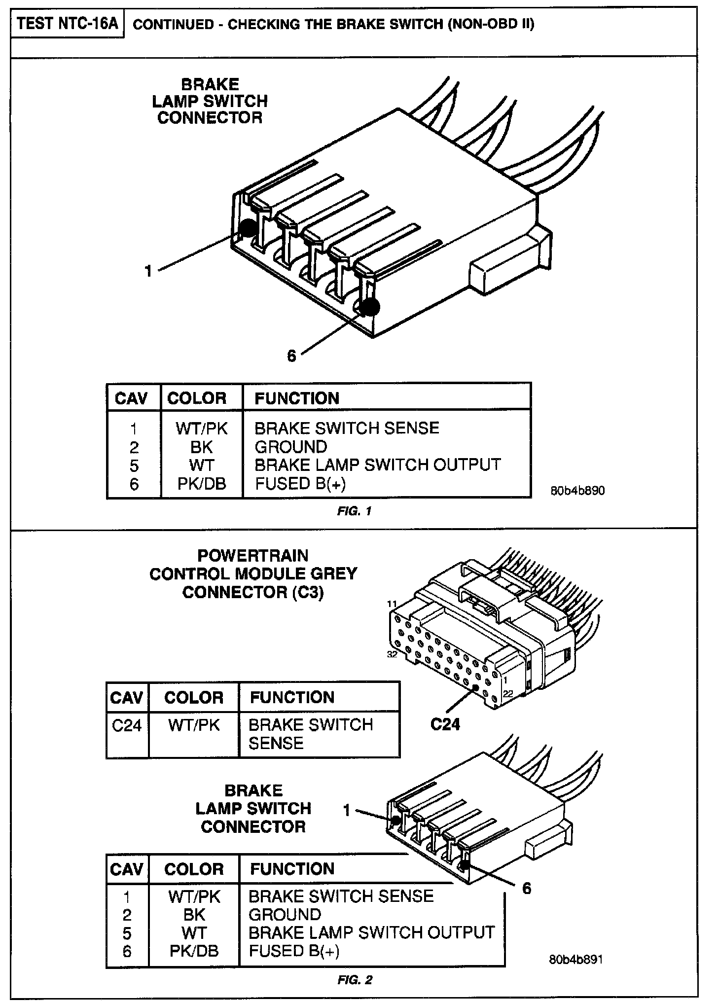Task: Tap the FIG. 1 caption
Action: point(354,511)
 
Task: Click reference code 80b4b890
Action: point(577,491)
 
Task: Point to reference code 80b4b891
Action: point(575,960)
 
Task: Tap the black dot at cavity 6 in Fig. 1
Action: point(369,308)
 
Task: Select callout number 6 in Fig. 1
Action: point(291,356)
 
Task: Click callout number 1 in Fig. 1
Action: point(148,271)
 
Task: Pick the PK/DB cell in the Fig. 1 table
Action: point(202,484)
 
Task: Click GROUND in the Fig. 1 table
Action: point(290,447)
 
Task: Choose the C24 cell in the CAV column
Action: point(127,725)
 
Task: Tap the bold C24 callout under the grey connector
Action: point(445,724)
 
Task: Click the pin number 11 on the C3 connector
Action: point(393,604)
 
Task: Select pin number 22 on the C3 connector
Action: point(508,693)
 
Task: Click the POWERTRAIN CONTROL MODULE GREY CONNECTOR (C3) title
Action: point(253,574)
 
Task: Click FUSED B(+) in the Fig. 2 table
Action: point(294,951)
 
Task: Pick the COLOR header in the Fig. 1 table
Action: point(197,398)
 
